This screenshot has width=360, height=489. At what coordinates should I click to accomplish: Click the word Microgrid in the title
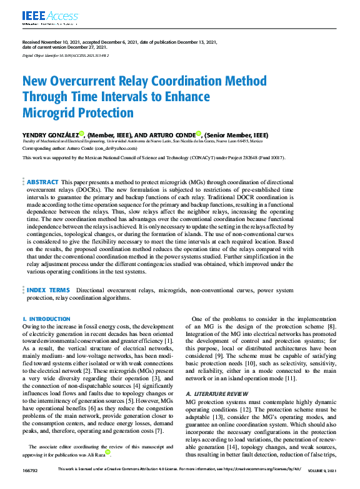(x=47, y=113)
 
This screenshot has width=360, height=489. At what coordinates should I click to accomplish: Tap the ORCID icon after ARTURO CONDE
(x=199, y=133)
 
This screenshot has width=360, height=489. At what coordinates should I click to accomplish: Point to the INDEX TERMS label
(x=48, y=290)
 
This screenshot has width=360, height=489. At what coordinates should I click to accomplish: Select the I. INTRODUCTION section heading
(x=46, y=319)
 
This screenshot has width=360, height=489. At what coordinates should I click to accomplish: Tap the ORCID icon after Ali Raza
(x=107, y=453)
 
